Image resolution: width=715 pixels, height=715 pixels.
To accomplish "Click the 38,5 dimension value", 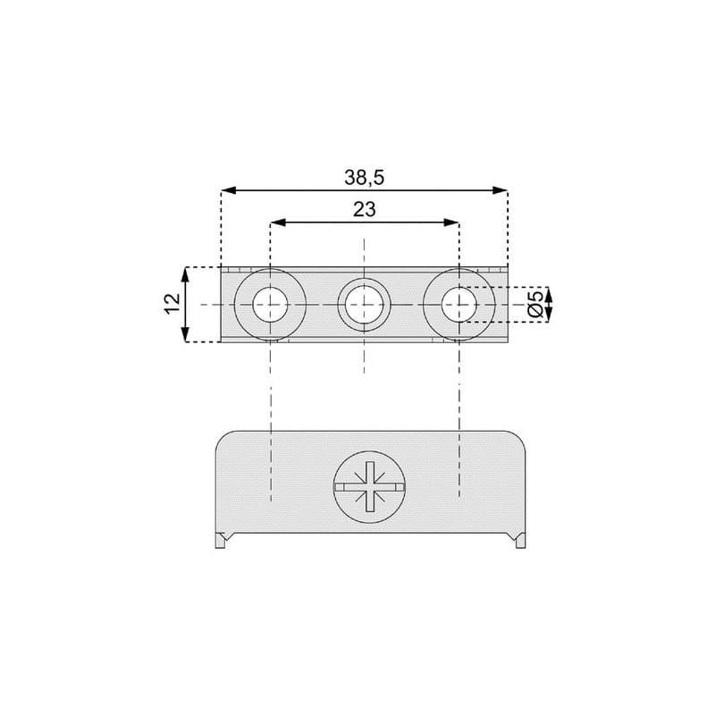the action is (x=365, y=177).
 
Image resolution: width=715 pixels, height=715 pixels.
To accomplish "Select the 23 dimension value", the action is (x=365, y=209).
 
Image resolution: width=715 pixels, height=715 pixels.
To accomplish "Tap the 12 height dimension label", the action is (x=172, y=304).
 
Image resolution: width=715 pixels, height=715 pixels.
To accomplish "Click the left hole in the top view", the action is (x=271, y=304).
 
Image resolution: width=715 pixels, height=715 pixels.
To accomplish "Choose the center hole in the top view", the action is (x=364, y=304).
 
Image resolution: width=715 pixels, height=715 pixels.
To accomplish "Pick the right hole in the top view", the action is (x=458, y=304).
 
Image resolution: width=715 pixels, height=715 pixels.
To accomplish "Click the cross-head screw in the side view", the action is (x=369, y=487).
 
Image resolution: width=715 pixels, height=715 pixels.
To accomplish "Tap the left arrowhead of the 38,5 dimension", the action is (x=229, y=190).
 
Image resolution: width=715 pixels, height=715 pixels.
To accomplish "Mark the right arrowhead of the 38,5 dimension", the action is (x=500, y=190).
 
